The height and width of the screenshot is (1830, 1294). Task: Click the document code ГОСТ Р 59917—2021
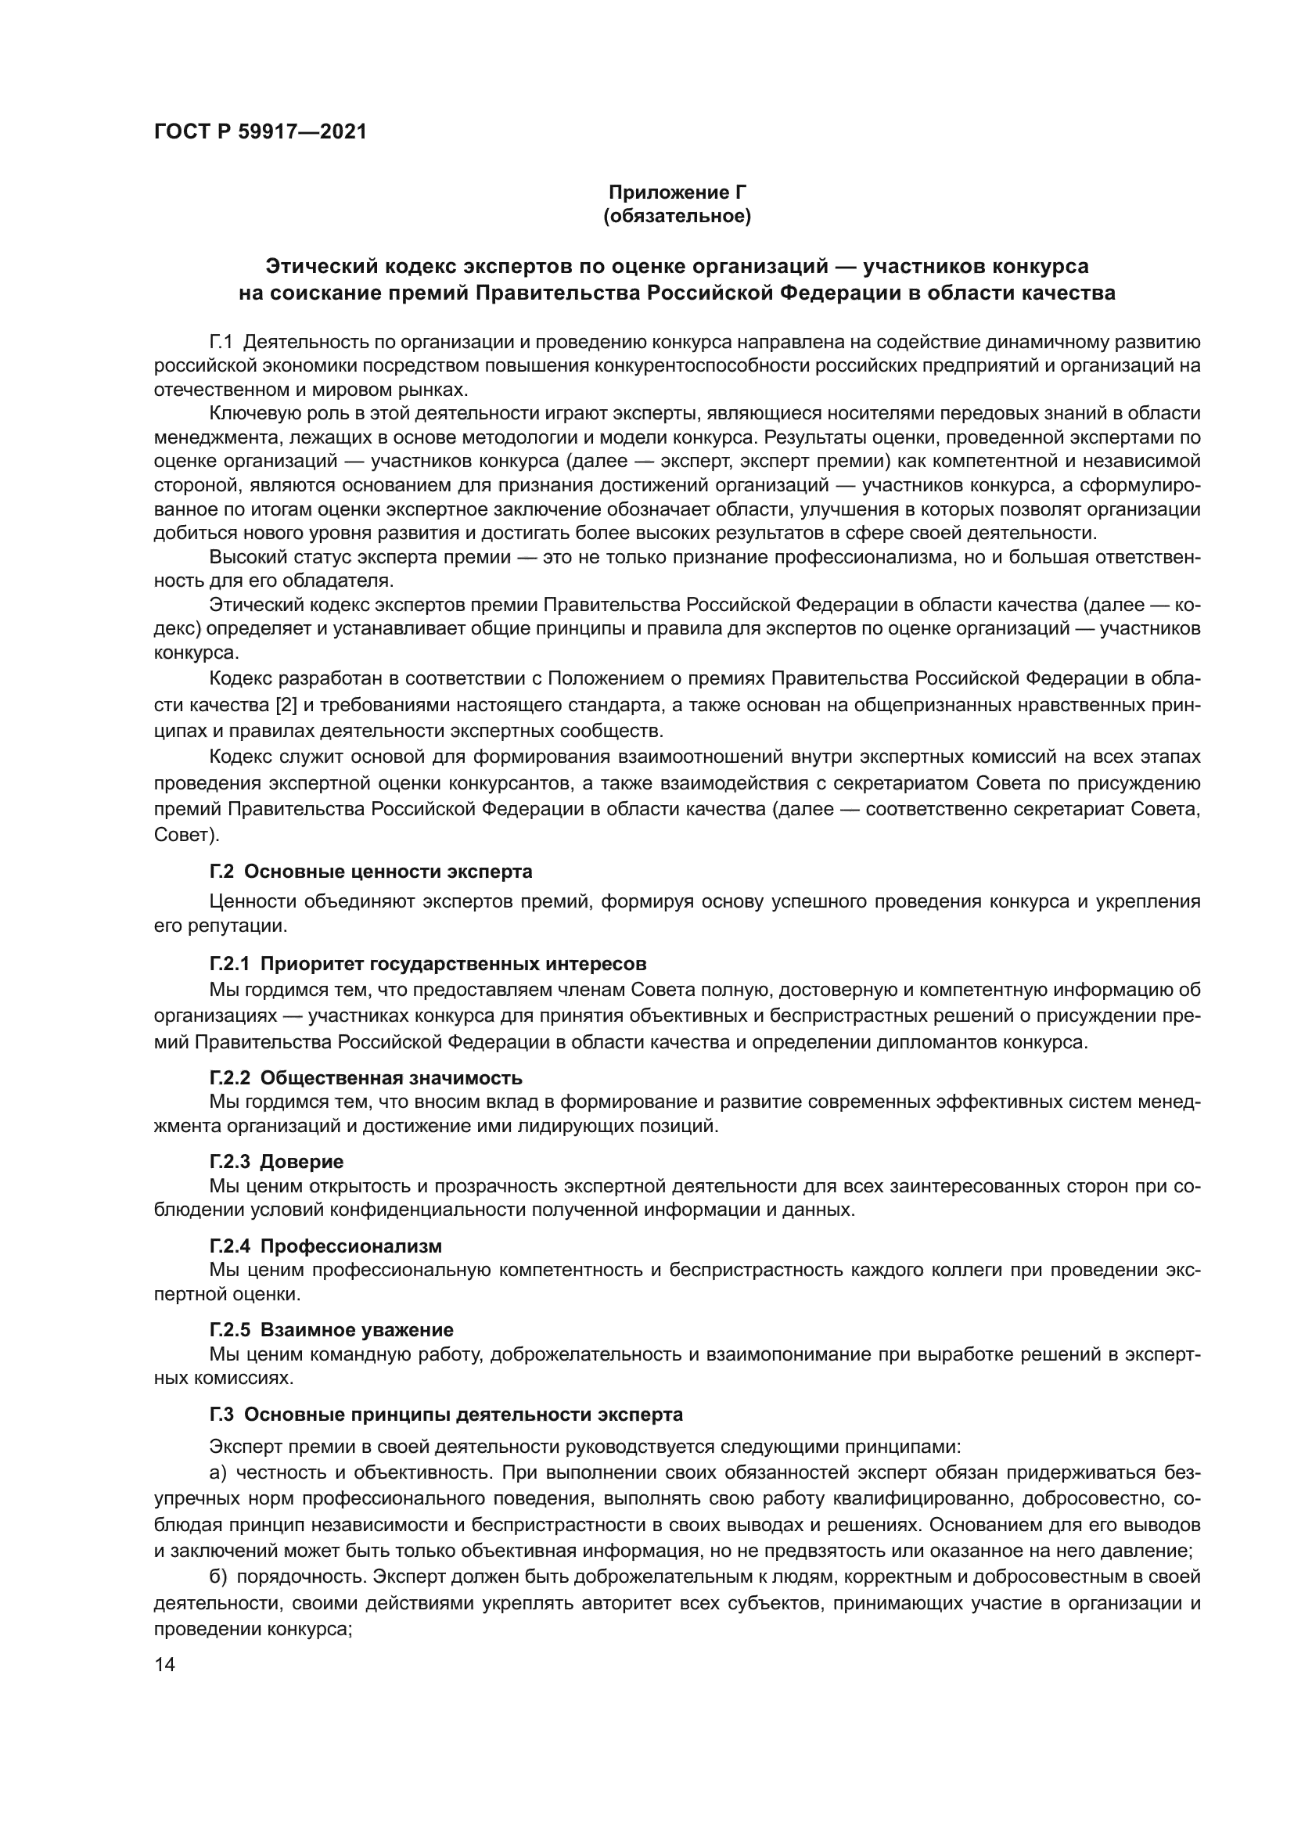coord(260,132)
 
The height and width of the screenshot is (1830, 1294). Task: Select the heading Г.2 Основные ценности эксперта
coord(371,871)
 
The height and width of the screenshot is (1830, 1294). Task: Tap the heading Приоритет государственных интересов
coord(452,965)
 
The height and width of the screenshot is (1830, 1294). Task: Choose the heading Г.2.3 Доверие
coord(276,1162)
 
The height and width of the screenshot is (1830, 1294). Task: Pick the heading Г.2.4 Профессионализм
coord(325,1246)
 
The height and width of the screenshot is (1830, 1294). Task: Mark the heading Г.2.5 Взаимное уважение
coord(332,1329)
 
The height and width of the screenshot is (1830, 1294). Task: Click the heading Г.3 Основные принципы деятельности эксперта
coord(446,1415)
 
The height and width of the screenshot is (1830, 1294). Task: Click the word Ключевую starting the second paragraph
coord(247,414)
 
